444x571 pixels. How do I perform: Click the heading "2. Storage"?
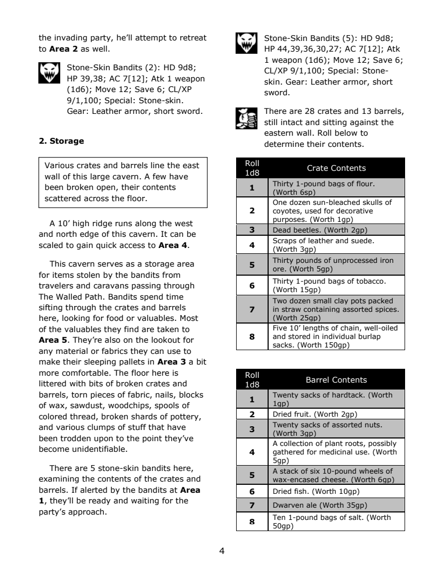[x=62, y=141]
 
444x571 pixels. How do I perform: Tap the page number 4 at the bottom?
[x=222, y=551]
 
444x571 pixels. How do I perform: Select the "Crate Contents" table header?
[x=336, y=168]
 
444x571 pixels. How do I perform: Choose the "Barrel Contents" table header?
[x=336, y=380]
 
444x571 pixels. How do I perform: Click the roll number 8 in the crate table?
[x=252, y=337]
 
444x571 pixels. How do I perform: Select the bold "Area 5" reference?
[x=52, y=340]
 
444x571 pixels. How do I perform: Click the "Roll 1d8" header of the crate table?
[x=252, y=168]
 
